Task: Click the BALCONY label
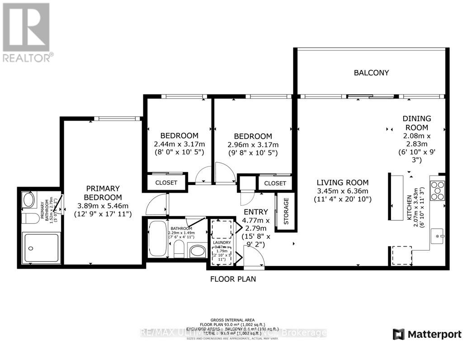(x=371, y=72)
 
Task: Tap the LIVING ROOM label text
(x=342, y=183)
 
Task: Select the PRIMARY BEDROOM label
(x=103, y=193)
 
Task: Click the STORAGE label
(x=286, y=212)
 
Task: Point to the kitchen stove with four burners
(x=438, y=190)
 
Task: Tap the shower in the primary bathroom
(x=42, y=247)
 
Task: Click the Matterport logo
(x=427, y=334)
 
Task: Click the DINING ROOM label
(x=417, y=123)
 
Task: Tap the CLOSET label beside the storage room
(x=275, y=183)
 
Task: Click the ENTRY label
(x=256, y=212)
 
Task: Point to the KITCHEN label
(x=409, y=208)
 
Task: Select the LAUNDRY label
(x=222, y=242)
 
